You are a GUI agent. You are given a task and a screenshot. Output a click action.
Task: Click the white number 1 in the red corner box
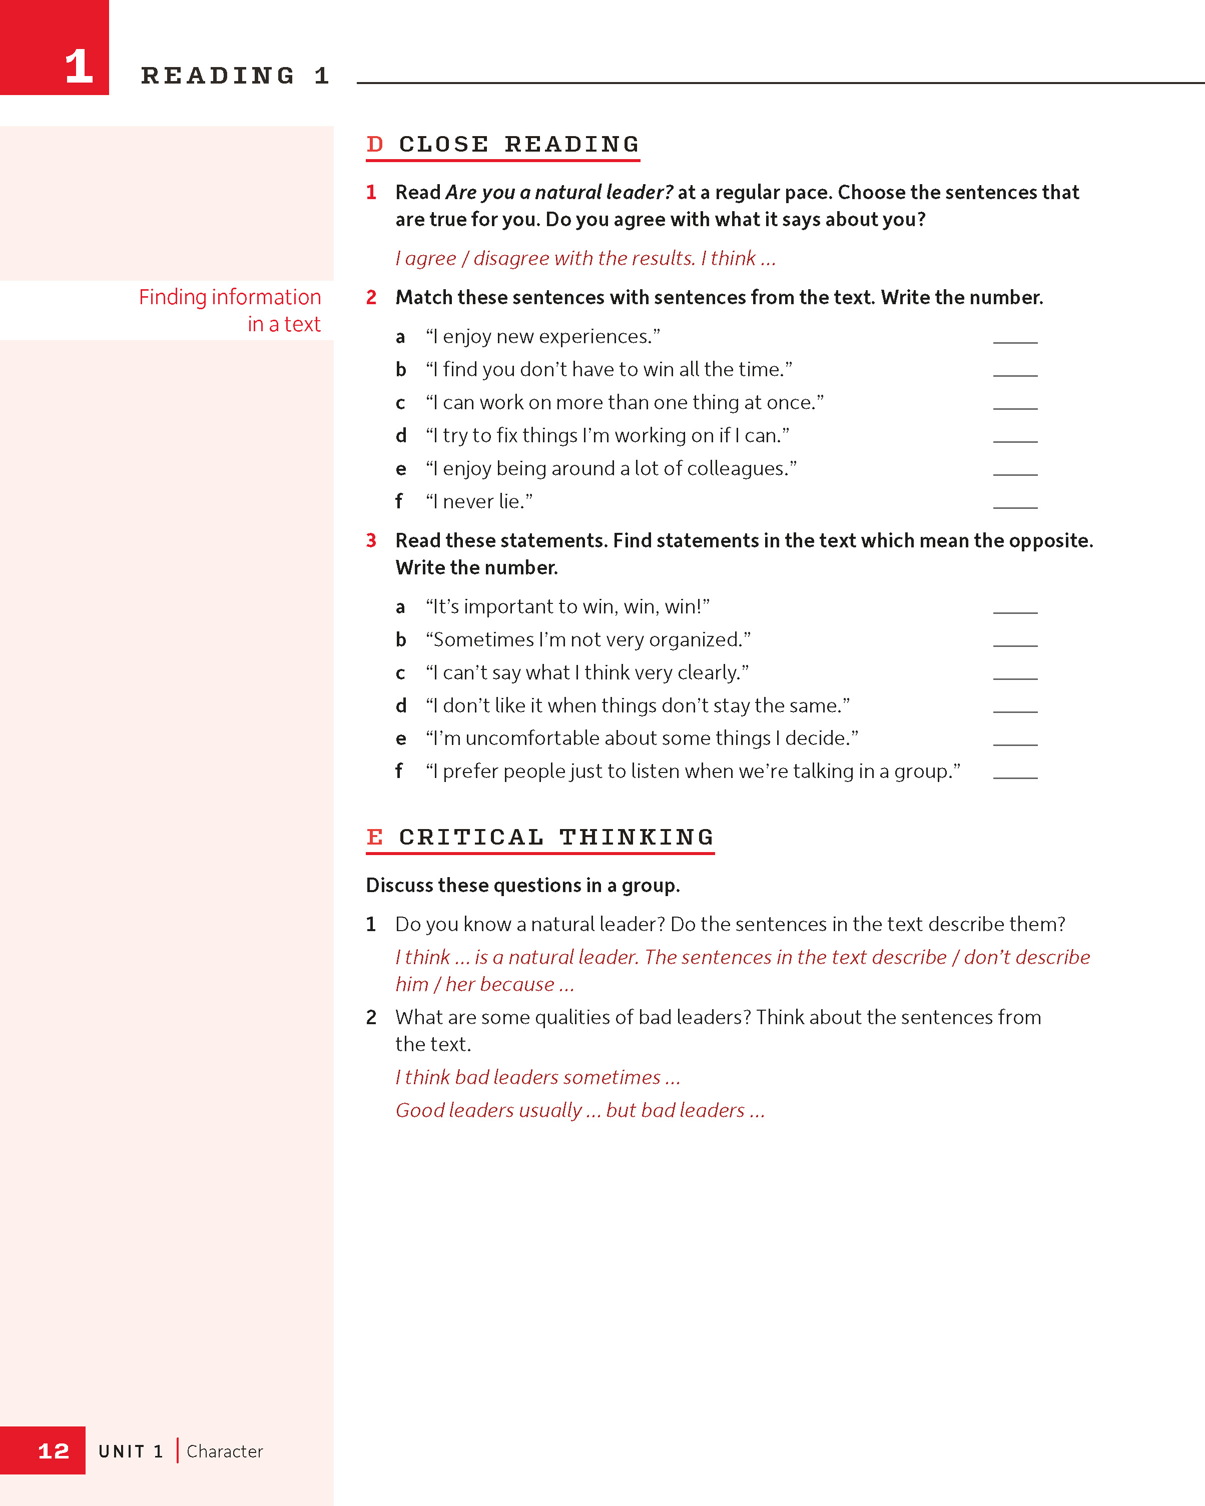(79, 67)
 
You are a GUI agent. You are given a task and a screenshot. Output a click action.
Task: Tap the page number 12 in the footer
(53, 1451)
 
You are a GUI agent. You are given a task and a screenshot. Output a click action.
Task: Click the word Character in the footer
(224, 1451)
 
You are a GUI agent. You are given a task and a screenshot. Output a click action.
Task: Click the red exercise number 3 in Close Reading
(371, 541)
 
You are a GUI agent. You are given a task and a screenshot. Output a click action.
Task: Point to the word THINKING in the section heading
(637, 837)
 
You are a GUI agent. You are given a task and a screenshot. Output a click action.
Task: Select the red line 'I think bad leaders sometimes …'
(537, 1077)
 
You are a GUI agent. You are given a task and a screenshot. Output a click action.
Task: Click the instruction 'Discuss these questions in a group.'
(522, 886)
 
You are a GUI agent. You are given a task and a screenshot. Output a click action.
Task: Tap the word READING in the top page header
(218, 76)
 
